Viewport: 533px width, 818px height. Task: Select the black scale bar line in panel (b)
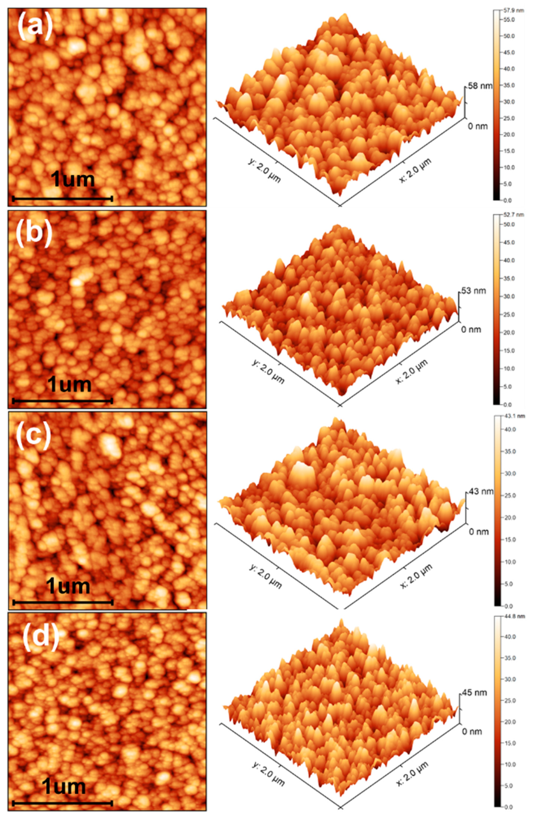(x=62, y=401)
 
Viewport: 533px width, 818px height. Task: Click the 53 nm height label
(x=473, y=291)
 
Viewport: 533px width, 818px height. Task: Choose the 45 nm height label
(x=474, y=692)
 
